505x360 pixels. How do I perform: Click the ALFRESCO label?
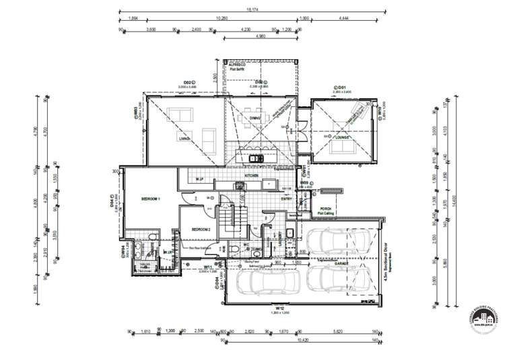(236, 65)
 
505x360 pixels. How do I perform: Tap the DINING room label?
(255, 118)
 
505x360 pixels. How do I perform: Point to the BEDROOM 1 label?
(149, 200)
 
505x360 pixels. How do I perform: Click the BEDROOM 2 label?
(201, 229)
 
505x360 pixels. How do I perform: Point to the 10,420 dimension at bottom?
(296, 340)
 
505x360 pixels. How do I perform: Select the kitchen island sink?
(257, 159)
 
